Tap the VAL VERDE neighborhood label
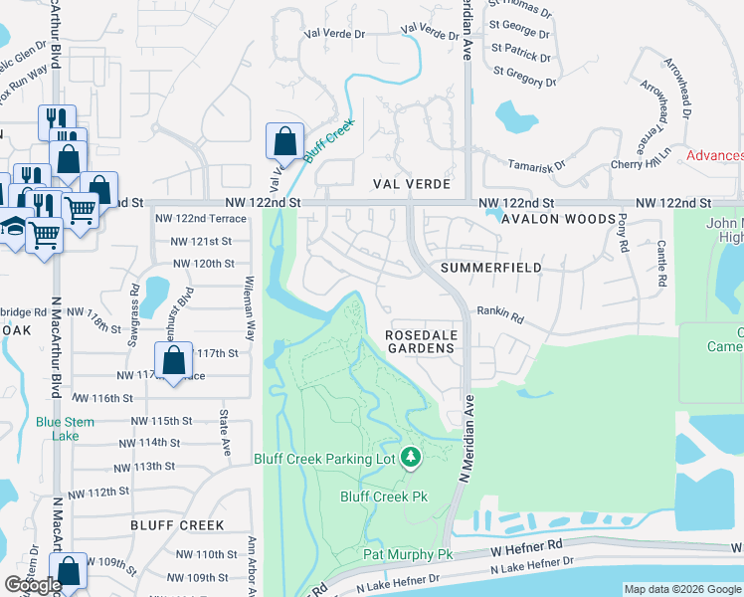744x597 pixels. [412, 185]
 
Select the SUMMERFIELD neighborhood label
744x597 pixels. [490, 268]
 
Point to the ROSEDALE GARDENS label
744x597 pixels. [421, 342]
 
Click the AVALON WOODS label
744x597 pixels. [553, 219]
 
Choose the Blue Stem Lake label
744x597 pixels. [65, 429]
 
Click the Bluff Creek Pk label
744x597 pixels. [384, 497]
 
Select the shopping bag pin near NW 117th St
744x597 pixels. [174, 362]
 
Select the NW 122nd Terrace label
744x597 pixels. [201, 218]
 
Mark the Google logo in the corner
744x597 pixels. [33, 585]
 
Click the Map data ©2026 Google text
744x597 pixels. [681, 589]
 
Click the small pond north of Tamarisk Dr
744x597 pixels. [514, 117]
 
